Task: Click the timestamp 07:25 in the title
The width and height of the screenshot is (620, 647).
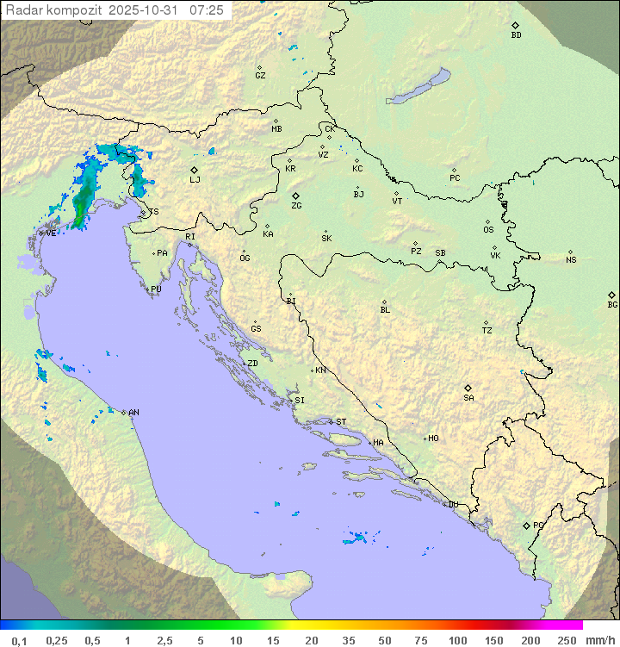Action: [207, 10]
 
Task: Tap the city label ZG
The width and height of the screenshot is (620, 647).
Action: [296, 206]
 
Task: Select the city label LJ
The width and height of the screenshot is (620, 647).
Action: [195, 179]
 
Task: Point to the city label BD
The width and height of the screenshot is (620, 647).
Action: [516, 35]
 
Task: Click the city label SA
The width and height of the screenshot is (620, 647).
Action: [468, 397]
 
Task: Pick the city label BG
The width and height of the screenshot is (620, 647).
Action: [612, 304]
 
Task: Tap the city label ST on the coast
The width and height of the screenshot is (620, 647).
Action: [341, 422]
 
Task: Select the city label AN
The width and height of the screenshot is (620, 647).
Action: [133, 413]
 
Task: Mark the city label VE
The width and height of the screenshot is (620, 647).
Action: [51, 233]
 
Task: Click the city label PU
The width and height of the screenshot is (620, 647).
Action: [156, 289]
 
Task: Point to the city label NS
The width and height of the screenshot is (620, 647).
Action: [571, 259]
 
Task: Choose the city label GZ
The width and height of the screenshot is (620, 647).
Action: [260, 75]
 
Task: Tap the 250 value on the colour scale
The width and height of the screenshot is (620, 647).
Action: [566, 640]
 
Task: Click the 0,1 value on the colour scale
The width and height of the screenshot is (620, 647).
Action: [19, 640]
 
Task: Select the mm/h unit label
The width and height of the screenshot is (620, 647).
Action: [599, 640]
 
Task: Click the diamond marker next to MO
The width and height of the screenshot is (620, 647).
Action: [425, 439]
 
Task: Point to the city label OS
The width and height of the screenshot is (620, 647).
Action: [488, 230]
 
